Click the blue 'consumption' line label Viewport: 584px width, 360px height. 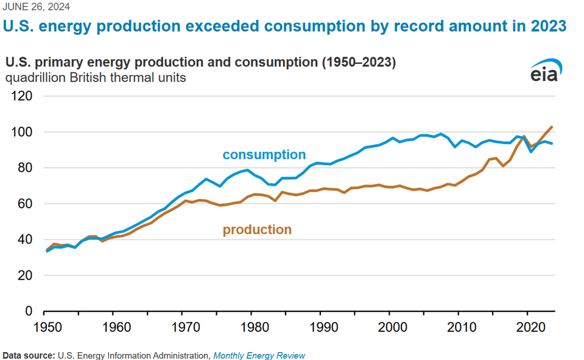[264, 155]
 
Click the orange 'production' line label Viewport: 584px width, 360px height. [257, 230]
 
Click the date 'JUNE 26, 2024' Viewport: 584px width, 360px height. [37, 7]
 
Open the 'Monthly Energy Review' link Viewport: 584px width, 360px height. [259, 355]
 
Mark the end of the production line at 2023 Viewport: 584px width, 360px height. [551, 127]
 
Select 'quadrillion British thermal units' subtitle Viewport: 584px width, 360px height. [96, 78]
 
